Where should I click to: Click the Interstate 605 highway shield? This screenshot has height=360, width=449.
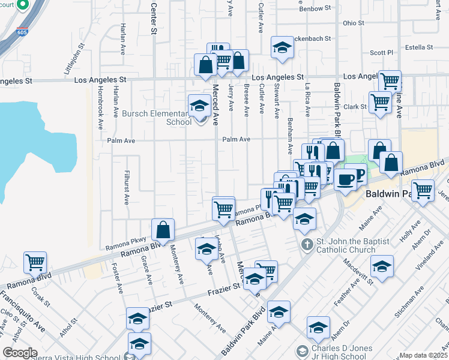22,31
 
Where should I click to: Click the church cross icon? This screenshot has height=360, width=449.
307,245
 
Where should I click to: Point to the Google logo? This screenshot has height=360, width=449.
20,353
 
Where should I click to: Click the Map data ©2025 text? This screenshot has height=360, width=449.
423,355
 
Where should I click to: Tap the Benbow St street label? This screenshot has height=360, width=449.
315,8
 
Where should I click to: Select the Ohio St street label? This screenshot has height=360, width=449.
353,23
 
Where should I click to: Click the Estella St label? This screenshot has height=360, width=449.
419,47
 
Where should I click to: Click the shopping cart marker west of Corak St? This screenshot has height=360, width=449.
35,262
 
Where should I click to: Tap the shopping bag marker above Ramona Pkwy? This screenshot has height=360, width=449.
163,229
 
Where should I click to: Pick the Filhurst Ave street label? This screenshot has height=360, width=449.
127,188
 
